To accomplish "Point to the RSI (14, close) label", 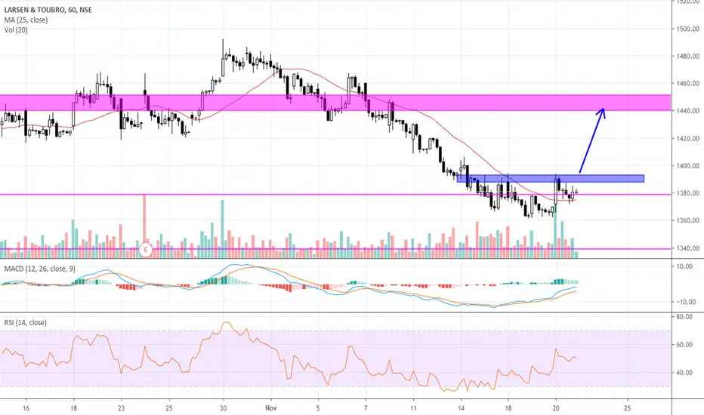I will [x=26, y=323].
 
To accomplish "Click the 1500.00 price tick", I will [x=687, y=29].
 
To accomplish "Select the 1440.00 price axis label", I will [x=687, y=111].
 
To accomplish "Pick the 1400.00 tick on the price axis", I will [x=687, y=166].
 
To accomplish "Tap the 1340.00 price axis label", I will [x=687, y=248].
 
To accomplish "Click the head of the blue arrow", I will [x=603, y=111].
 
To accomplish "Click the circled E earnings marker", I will [x=147, y=248].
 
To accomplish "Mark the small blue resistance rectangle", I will [x=550, y=179].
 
